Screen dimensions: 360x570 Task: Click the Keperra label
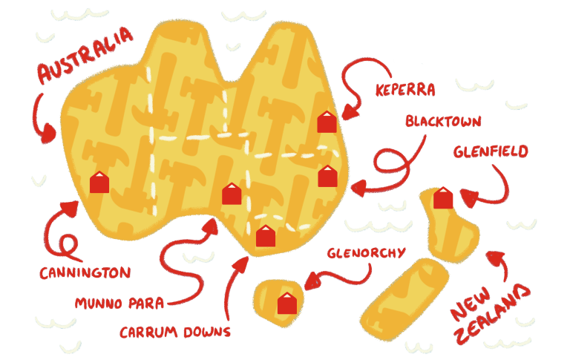(405, 91)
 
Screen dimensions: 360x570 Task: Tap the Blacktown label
(444, 121)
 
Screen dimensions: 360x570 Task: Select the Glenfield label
(491, 151)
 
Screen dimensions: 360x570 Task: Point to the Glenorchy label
(367, 253)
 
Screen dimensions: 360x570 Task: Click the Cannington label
(85, 272)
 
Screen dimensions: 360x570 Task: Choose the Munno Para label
(119, 302)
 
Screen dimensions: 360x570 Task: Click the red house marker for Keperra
(327, 122)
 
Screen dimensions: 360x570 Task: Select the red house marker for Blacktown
(328, 177)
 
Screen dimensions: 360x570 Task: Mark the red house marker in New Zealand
(443, 198)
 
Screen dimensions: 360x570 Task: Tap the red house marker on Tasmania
(286, 303)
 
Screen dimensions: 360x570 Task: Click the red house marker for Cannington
(99, 182)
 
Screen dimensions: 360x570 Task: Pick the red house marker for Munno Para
(232, 194)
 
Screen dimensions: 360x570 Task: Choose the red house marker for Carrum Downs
(265, 236)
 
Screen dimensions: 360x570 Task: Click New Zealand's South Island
(404, 297)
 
